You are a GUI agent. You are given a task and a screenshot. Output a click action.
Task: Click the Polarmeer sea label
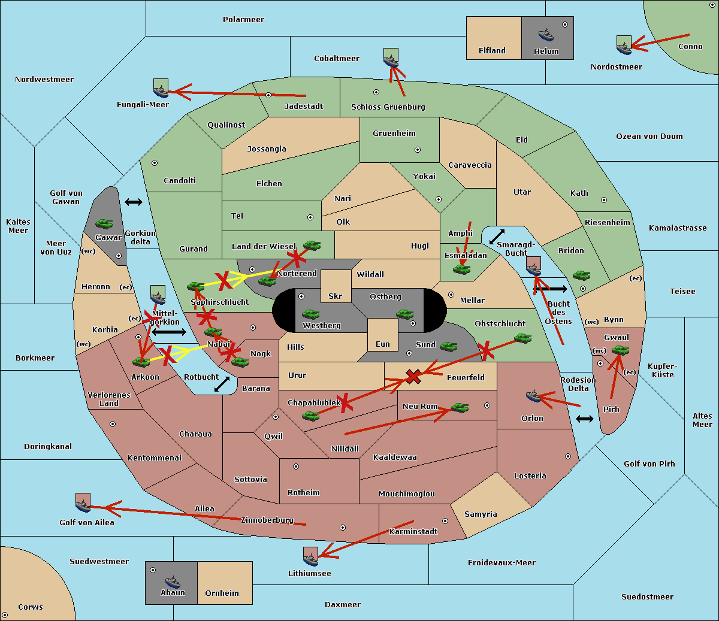pyautogui.click(x=243, y=20)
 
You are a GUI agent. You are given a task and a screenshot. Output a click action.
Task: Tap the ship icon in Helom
pyautogui.click(x=545, y=34)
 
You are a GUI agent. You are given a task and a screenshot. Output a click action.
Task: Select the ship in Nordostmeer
pyautogui.click(x=624, y=46)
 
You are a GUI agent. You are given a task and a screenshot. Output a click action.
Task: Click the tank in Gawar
pyautogui.click(x=104, y=223)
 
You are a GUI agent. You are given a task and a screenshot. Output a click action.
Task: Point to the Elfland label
pyautogui.click(x=492, y=51)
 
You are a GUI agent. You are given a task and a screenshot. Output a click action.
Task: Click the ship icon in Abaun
pyautogui.click(x=173, y=581)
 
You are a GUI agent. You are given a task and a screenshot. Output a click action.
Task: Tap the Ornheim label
pyautogui.click(x=222, y=593)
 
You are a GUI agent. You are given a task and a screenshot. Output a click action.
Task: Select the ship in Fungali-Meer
pyautogui.click(x=161, y=89)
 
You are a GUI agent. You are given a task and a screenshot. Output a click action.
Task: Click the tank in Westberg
pyautogui.click(x=310, y=314)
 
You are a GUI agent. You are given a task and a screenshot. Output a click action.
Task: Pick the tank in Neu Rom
pyautogui.click(x=460, y=408)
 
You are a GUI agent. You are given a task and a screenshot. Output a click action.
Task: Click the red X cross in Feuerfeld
pyautogui.click(x=413, y=376)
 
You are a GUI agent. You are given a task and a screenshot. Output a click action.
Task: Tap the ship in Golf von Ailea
pyautogui.click(x=83, y=504)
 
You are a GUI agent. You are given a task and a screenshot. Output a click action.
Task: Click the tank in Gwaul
pyautogui.click(x=620, y=350)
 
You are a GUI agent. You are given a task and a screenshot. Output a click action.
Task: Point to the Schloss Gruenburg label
pyautogui.click(x=388, y=107)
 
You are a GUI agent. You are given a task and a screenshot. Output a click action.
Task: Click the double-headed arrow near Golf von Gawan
pyautogui.click(x=133, y=202)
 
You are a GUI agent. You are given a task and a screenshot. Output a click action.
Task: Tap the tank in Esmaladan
pyautogui.click(x=461, y=269)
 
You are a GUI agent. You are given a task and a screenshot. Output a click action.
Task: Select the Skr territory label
pyautogui.click(x=336, y=296)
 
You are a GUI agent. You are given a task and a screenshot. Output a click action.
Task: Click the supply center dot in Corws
pyautogui.click(x=5, y=615)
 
